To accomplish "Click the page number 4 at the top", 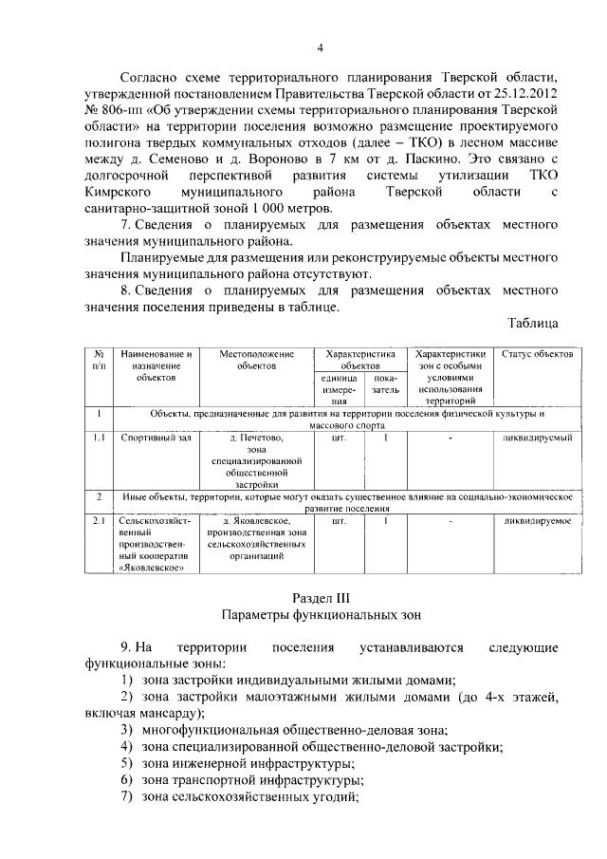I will click(320, 48).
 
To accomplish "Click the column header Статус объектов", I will click(536, 354).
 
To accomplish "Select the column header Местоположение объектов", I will click(257, 359).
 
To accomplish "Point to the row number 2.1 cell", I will click(99, 520).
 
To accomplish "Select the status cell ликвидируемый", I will click(536, 439).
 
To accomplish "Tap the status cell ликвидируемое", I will click(536, 520).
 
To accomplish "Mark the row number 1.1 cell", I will click(99, 439).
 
